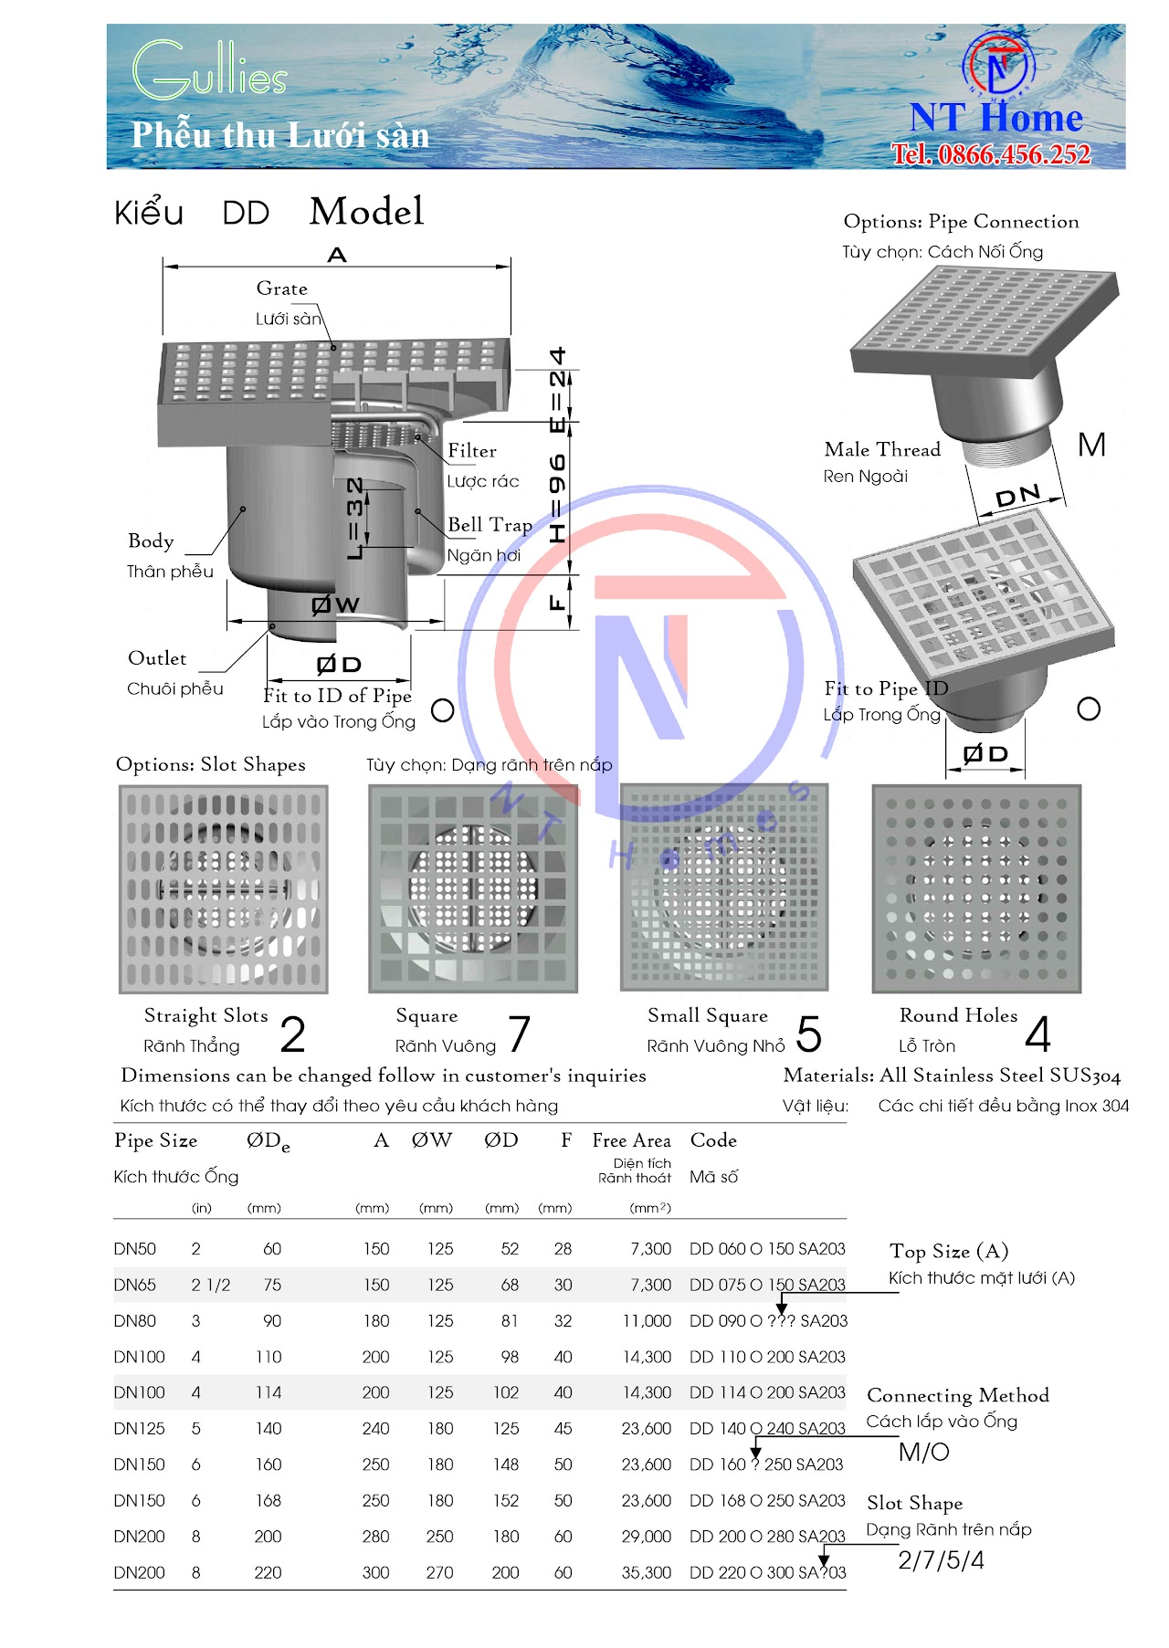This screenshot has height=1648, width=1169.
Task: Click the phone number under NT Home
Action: coord(991,154)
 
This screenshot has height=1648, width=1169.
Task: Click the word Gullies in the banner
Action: coord(209,70)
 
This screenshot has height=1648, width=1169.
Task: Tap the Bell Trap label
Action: coord(490,525)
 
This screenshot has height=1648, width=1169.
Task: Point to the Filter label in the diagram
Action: coord(472,451)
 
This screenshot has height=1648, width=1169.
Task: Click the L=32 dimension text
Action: coord(356,518)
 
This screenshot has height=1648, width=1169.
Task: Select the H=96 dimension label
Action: coord(557,499)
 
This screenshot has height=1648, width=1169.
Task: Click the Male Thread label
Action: coord(881,449)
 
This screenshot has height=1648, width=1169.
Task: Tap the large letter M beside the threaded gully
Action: coord(1091,446)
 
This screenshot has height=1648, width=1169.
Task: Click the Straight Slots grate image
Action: coord(224,889)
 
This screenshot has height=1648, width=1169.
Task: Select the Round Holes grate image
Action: coord(976,888)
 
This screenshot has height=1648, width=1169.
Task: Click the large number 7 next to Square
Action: coord(519,1034)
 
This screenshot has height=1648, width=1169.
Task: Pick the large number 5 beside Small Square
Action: coord(808,1034)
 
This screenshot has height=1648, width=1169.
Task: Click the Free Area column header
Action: coord(631,1140)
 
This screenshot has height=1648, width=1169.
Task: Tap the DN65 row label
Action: coord(135,1285)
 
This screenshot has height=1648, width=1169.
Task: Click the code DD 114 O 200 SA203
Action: coord(767,1392)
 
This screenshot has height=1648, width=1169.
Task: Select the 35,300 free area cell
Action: coord(647,1572)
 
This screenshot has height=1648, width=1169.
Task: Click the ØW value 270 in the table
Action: coord(439,1572)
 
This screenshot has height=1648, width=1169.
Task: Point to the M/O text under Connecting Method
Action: coord(923,1452)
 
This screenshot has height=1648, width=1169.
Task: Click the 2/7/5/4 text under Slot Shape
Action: coord(941,1560)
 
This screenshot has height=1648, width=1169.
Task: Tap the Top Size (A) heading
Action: coord(948,1251)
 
